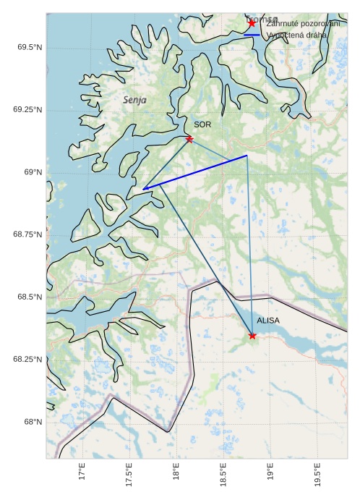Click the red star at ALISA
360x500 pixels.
pos(252,335)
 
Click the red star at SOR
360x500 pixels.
pos(189,139)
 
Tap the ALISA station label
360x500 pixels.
pos(268,320)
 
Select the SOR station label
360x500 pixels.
pos(202,124)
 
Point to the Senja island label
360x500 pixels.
pos(134,100)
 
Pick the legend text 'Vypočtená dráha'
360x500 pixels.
pos(296,35)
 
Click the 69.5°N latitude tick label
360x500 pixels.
pos(28,47)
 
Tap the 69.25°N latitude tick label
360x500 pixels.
pos(26,109)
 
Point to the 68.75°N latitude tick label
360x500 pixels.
pos(26,234)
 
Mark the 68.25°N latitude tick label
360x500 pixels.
pos(26,359)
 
